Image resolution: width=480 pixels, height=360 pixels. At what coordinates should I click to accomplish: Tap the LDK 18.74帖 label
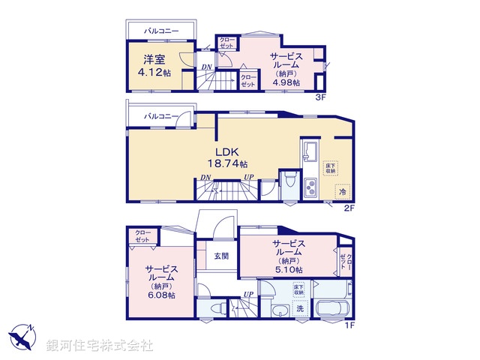226,157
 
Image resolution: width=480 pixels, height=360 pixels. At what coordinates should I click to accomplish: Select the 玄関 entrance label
221,256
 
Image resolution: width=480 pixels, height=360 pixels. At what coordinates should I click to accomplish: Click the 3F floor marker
320,97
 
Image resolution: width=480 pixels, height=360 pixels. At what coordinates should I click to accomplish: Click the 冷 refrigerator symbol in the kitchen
341,192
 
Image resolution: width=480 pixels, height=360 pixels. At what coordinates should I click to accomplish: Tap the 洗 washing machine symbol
298,307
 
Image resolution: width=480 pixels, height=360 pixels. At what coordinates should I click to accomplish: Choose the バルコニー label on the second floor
161,117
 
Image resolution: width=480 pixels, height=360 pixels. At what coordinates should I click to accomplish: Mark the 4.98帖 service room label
286,70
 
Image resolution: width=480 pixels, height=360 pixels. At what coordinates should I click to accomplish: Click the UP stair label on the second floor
247,178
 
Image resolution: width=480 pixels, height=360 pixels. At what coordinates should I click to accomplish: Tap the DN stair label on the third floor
206,68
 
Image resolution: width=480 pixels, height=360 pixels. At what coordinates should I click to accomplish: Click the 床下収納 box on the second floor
331,168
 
